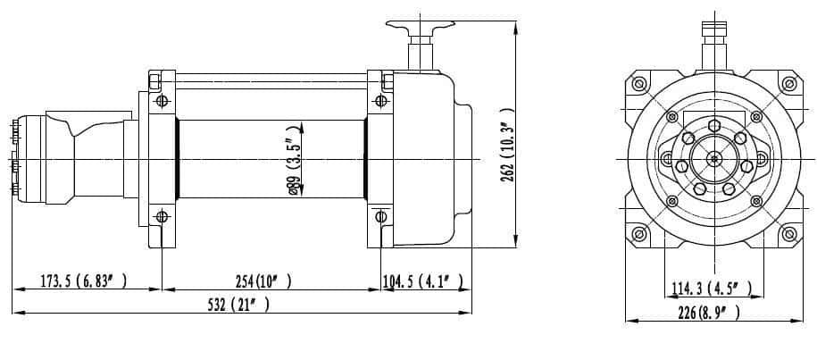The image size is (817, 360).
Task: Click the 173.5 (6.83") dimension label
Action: point(84,281)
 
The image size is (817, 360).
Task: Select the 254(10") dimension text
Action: point(263,281)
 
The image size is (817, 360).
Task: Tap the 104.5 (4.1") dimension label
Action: point(423,282)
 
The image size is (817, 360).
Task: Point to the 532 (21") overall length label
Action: point(238,305)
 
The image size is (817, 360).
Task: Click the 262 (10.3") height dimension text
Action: point(507,146)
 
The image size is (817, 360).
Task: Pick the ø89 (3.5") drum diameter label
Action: point(295,160)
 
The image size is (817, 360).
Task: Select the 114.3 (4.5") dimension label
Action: point(711,288)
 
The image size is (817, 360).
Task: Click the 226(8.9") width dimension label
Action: point(709,312)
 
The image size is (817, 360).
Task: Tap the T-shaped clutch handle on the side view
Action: point(420,45)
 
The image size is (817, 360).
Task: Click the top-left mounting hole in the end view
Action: point(638,83)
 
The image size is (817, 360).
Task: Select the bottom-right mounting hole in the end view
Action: point(788,234)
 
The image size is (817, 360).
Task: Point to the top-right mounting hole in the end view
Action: point(788,83)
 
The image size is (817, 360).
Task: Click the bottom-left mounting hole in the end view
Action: point(638,234)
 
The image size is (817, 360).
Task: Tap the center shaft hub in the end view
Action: point(713,159)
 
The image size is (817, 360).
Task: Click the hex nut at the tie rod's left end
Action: point(154,82)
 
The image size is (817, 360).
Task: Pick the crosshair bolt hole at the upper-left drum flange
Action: point(162,100)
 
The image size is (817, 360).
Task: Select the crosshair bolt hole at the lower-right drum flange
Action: point(381,215)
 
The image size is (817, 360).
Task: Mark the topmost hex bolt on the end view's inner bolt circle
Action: point(714,126)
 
